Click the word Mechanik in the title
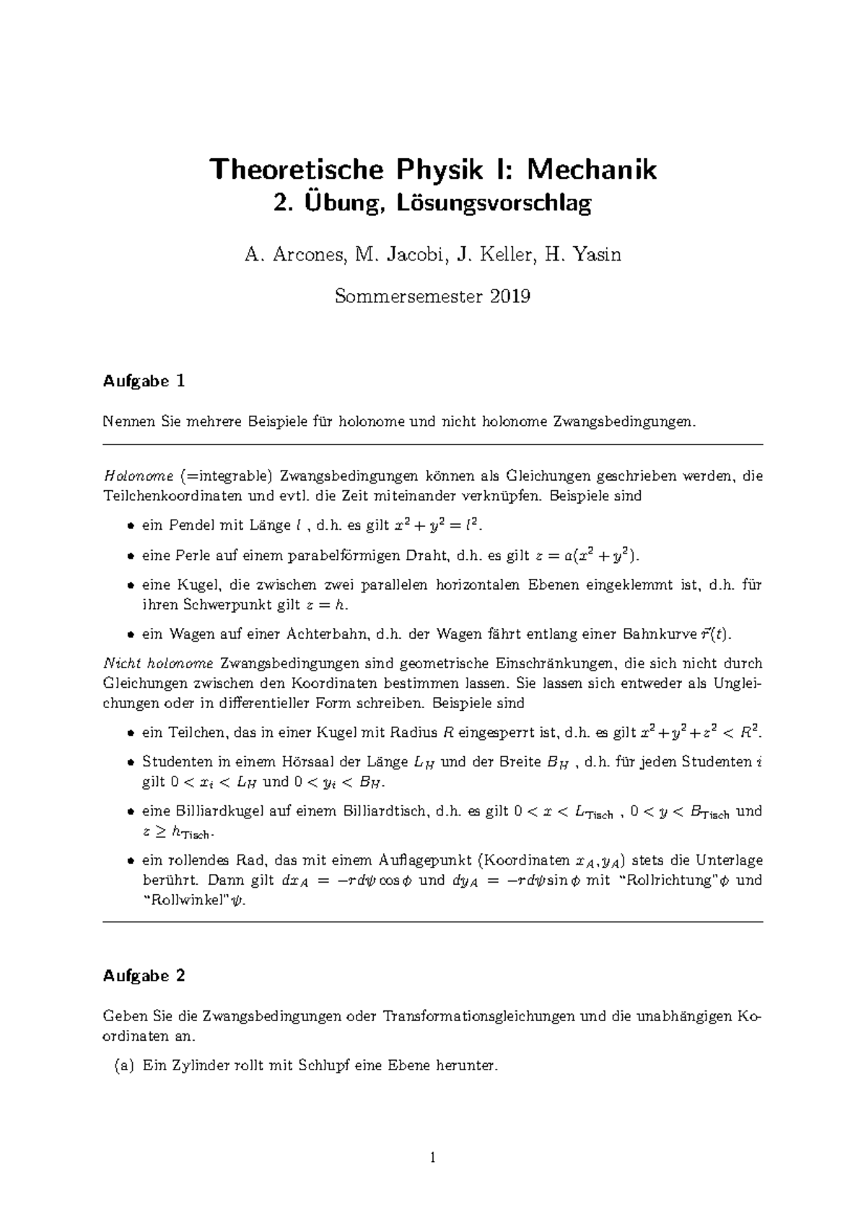click(x=591, y=170)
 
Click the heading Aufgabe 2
click(x=144, y=976)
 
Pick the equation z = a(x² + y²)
click(x=586, y=556)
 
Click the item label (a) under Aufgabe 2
click(x=124, y=1065)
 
